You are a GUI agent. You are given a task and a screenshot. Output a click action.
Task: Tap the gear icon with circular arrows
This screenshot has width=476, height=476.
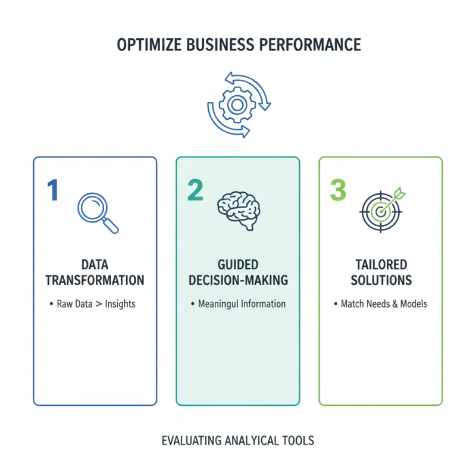click(238, 105)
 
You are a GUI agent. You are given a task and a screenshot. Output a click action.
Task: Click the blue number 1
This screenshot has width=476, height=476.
click(53, 190)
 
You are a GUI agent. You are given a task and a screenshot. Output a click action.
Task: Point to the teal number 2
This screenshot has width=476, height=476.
click(195, 190)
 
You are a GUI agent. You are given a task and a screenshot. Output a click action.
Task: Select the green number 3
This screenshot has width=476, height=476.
click(337, 190)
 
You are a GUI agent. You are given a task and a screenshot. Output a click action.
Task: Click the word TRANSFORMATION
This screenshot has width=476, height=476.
click(95, 280)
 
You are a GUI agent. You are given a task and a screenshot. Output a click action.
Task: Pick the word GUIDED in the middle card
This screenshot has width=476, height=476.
click(238, 264)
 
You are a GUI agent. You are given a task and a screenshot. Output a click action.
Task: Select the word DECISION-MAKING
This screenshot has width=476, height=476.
click(238, 280)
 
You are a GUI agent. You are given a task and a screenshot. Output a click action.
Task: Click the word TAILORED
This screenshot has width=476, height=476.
click(381, 264)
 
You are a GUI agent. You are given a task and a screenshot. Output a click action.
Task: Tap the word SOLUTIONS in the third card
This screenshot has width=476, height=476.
click(381, 280)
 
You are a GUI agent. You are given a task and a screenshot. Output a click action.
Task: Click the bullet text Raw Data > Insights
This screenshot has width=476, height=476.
click(96, 304)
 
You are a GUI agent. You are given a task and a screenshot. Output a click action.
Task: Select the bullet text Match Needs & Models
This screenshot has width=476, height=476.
click(384, 304)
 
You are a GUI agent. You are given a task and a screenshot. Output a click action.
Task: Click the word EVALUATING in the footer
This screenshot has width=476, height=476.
click(192, 441)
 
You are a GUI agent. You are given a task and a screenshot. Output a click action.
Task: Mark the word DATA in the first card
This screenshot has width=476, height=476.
click(95, 264)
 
